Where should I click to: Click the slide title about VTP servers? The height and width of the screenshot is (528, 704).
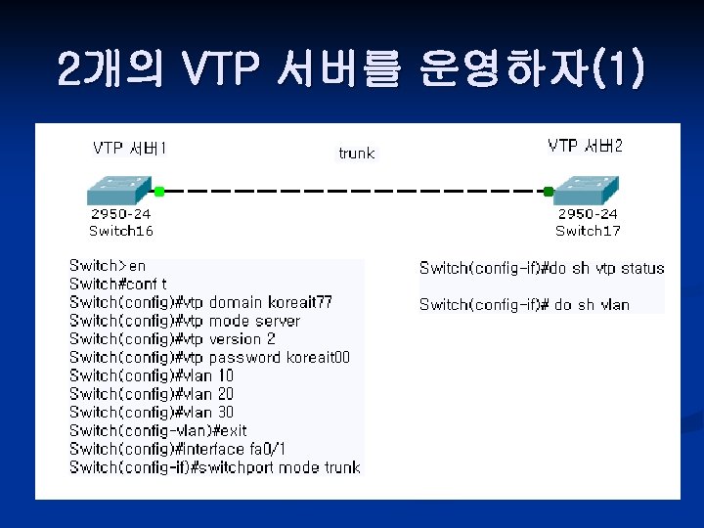pyautogui.click(x=351, y=69)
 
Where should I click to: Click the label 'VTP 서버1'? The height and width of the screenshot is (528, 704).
pyautogui.click(x=129, y=148)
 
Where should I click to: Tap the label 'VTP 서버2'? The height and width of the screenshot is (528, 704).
pyautogui.click(x=585, y=146)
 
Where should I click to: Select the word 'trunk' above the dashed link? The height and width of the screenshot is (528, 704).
pyautogui.click(x=356, y=154)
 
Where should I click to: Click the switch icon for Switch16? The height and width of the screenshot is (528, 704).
pyautogui.click(x=117, y=190)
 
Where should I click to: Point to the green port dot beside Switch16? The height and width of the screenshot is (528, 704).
pyautogui.click(x=158, y=192)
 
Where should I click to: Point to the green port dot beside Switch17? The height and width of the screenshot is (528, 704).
pyautogui.click(x=550, y=192)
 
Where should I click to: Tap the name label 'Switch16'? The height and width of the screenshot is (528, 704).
pyautogui.click(x=121, y=231)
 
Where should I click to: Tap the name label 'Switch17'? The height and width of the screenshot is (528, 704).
pyautogui.click(x=588, y=231)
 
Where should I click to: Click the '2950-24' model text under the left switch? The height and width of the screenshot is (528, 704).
pyautogui.click(x=121, y=214)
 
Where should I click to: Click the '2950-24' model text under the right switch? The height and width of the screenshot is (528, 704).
pyautogui.click(x=588, y=214)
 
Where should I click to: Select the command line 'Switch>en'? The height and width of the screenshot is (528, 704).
pyautogui.click(x=107, y=265)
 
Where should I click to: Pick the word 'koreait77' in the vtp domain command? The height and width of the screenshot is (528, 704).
pyautogui.click(x=299, y=302)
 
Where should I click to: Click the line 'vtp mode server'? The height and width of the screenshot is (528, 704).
pyautogui.click(x=185, y=321)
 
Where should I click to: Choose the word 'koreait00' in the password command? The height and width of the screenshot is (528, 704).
pyautogui.click(x=318, y=357)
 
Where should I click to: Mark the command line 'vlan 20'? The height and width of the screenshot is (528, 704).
pyautogui.click(x=152, y=394)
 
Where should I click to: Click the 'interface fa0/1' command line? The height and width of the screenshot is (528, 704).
pyautogui.click(x=177, y=449)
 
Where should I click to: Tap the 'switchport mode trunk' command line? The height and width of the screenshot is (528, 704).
pyautogui.click(x=215, y=467)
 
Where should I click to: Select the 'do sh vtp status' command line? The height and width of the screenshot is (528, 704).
pyautogui.click(x=542, y=268)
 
